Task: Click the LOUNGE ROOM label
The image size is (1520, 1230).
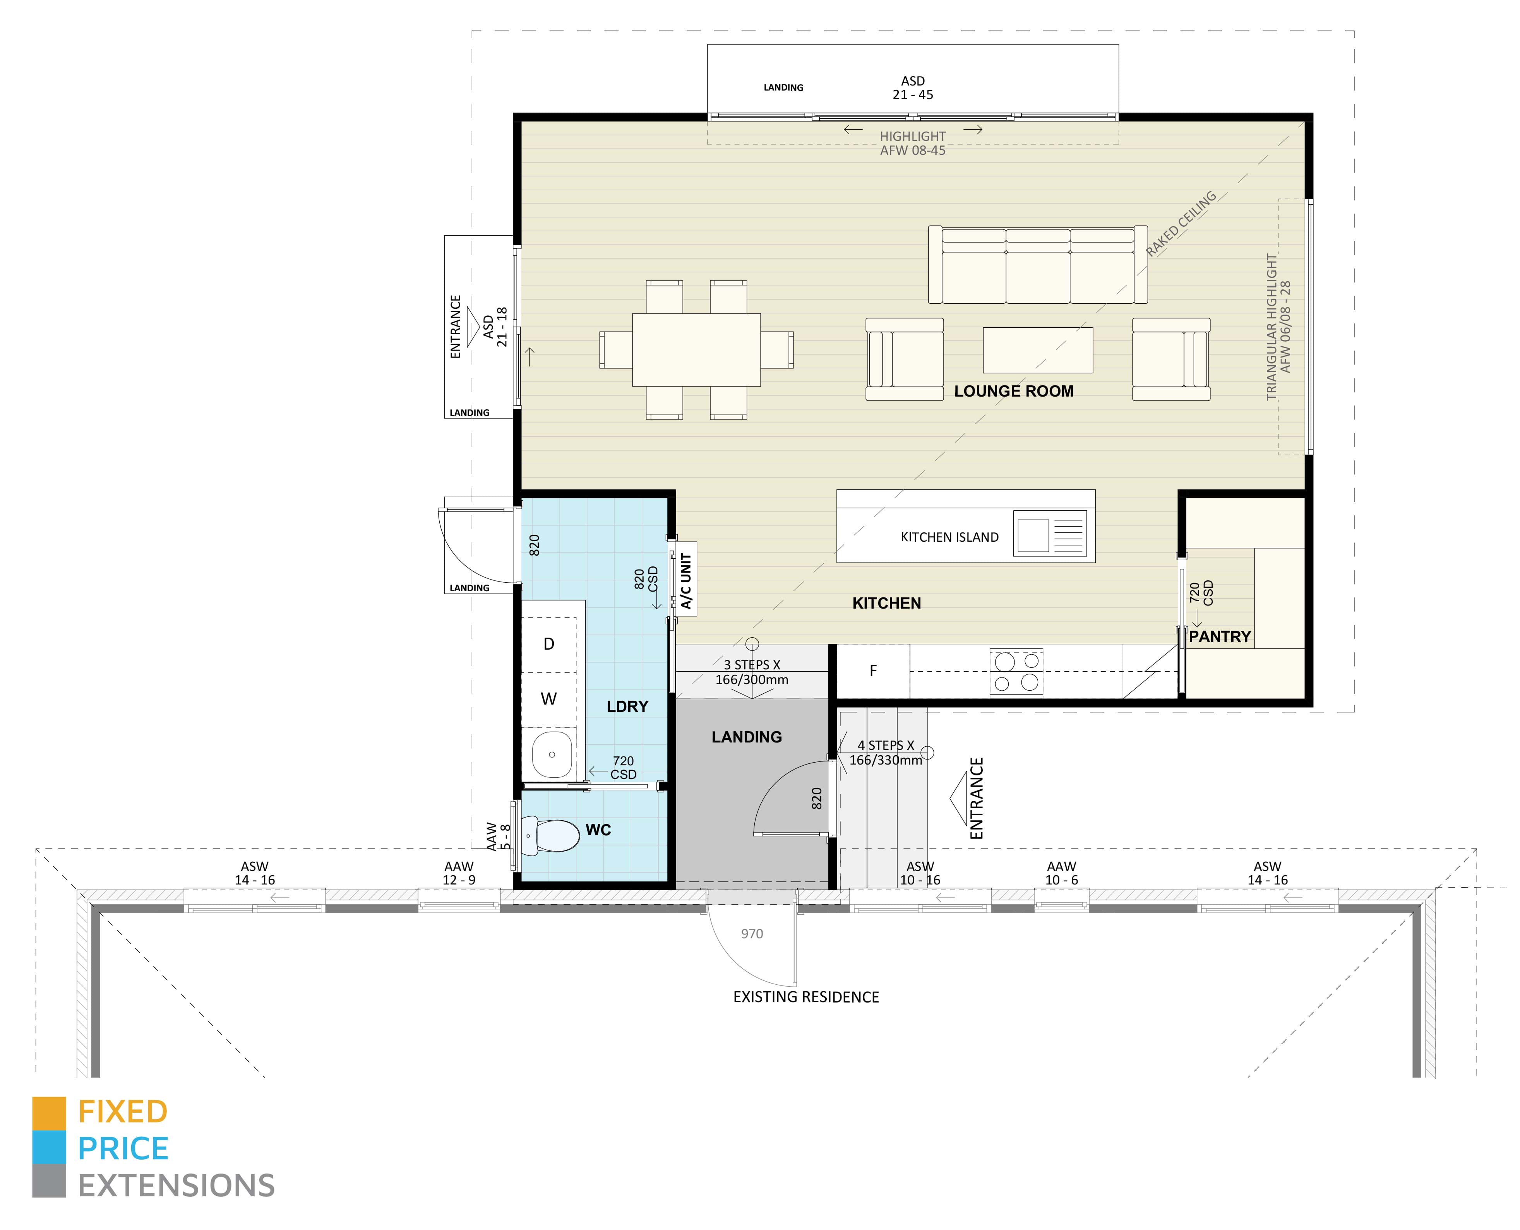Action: [x=1013, y=391]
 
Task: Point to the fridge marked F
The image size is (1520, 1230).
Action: [x=873, y=670]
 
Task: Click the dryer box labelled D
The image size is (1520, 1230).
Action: [x=548, y=644]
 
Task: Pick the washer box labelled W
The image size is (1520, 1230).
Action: [x=548, y=699]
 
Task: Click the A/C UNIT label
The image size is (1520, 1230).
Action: [x=686, y=581]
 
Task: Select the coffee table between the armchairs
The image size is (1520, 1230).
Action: [x=1037, y=350]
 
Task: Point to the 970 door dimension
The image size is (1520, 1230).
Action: [x=752, y=934]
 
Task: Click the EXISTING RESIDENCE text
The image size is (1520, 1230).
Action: [x=806, y=997]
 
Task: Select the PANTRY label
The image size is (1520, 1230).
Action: [x=1220, y=636]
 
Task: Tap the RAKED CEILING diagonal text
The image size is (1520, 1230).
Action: [x=1181, y=223]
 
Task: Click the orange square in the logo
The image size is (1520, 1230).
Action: [x=49, y=1113]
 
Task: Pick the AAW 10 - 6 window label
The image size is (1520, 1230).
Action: [x=1061, y=873]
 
